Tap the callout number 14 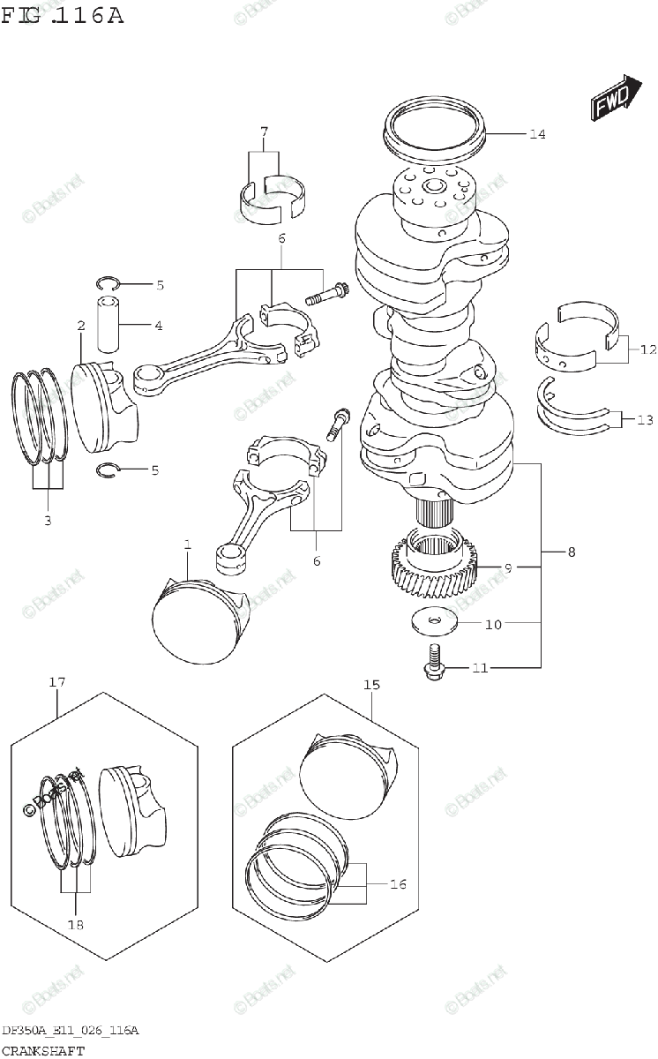(537, 134)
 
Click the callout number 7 (264, 132)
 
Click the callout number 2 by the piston (80, 326)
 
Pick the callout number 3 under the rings (48, 520)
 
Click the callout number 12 (648, 349)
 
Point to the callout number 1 (188, 546)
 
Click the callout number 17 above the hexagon (57, 682)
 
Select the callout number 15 (371, 684)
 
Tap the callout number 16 (398, 883)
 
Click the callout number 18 (76, 925)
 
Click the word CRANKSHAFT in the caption (43, 1050)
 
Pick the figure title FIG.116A (62, 16)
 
